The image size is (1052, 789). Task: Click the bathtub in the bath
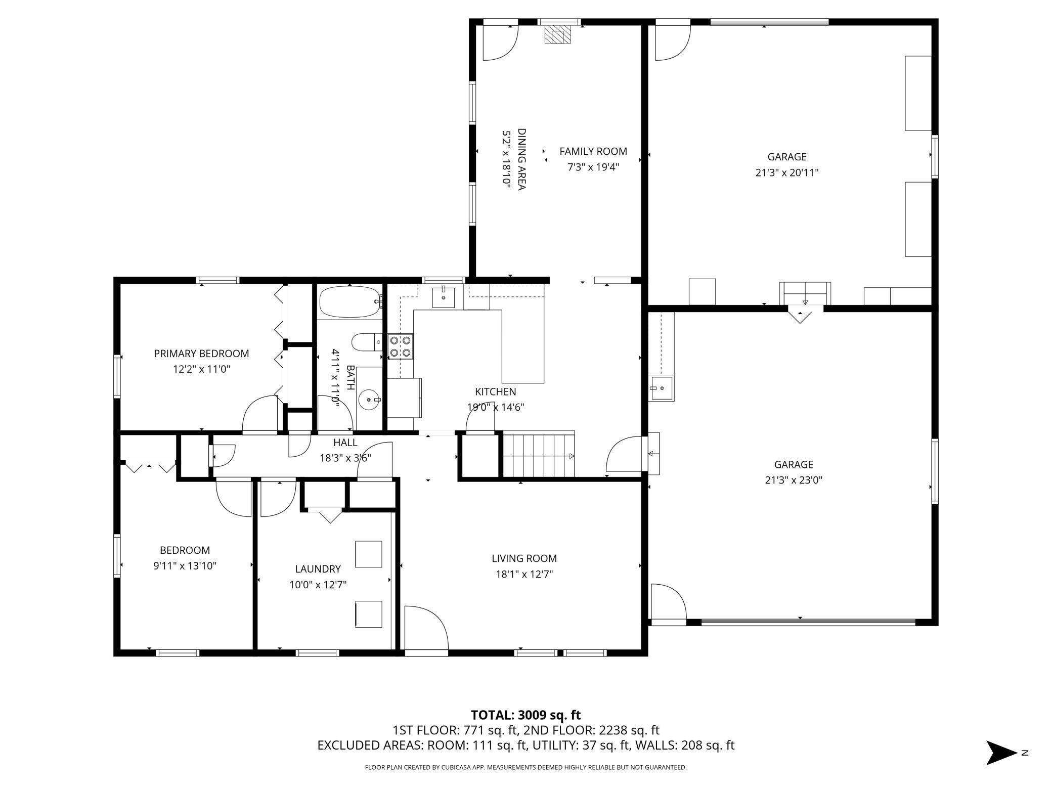coord(349,302)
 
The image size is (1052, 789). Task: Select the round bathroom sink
coord(369,400)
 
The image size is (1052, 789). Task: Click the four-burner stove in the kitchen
coord(400,346)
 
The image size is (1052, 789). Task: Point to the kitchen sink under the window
coord(444,297)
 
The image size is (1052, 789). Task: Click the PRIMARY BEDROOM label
coord(201,354)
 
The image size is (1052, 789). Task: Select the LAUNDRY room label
coord(318,569)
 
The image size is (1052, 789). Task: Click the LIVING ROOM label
coord(524,558)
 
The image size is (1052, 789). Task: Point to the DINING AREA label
coord(521,159)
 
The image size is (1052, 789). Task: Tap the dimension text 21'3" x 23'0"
coord(794,480)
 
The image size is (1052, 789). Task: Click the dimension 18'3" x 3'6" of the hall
coord(345,458)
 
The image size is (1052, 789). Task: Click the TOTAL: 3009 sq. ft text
coord(525,715)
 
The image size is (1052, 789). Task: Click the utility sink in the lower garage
coord(662,388)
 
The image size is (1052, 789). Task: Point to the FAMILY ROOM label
coord(593,151)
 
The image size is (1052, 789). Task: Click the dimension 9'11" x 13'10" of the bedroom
coord(185,565)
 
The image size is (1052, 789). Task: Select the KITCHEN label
coord(495,391)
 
